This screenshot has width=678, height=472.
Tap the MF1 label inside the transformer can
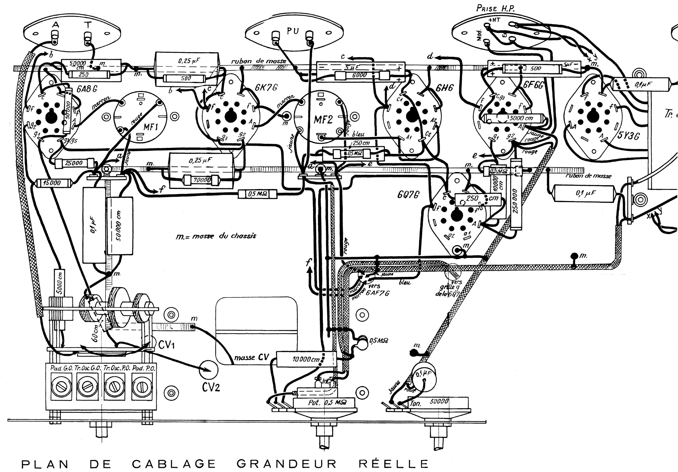[151, 127]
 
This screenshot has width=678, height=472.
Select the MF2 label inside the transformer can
[323, 120]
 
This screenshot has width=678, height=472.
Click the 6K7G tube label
[266, 88]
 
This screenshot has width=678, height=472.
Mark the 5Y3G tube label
[629, 136]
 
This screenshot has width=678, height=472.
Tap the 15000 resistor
[52, 183]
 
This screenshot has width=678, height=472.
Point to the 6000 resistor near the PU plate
[359, 76]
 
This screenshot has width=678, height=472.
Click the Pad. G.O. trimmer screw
[61, 386]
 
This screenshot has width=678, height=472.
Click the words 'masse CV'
[251, 358]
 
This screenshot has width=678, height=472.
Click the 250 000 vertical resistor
[516, 201]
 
